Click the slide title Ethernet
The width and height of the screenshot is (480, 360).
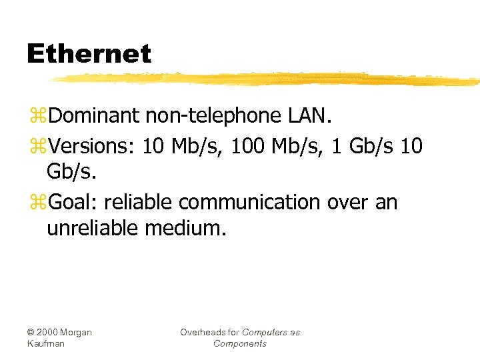89,54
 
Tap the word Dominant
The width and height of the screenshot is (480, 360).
93,116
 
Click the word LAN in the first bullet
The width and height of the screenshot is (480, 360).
309,116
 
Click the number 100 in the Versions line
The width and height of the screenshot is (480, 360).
247,145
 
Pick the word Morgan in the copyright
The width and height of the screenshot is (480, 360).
77,332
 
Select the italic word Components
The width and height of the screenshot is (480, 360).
239,343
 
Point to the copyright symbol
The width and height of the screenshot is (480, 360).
31,332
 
